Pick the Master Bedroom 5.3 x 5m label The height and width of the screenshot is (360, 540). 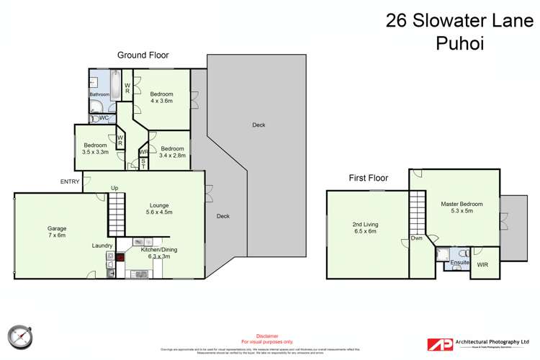(x=462, y=208)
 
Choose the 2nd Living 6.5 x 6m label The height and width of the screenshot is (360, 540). (x=365, y=228)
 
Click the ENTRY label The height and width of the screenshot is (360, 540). (x=70, y=181)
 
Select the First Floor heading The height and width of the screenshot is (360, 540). (x=368, y=178)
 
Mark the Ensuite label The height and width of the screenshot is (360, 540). (x=459, y=263)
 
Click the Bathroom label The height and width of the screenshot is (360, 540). (x=99, y=94)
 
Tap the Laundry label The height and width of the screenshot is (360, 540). (x=102, y=246)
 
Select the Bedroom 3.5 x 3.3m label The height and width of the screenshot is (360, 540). (x=96, y=149)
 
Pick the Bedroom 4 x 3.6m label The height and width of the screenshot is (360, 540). (x=162, y=98)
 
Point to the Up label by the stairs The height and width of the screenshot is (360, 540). (x=114, y=189)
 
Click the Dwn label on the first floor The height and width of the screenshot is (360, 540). (x=417, y=238)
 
